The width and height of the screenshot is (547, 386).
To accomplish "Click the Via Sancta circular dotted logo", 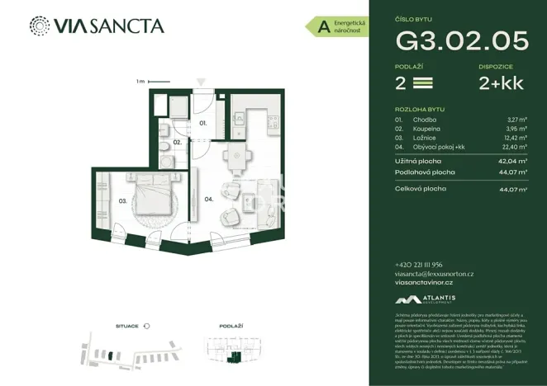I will coord(39,26).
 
